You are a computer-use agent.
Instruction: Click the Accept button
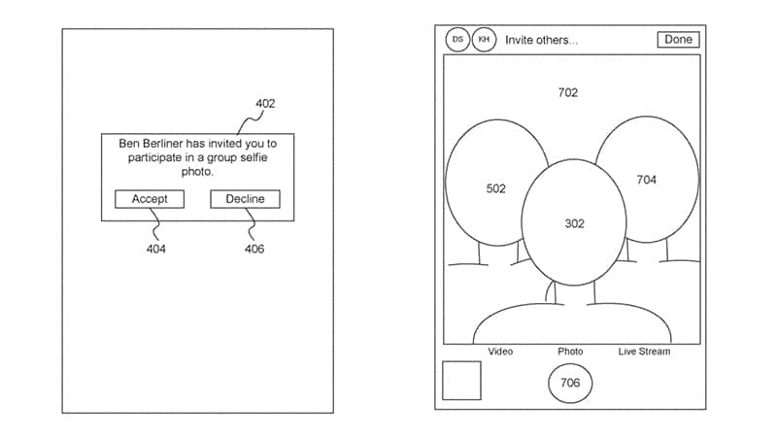[x=150, y=199]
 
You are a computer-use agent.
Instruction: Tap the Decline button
[x=246, y=199]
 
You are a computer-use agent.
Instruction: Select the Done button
[x=678, y=40]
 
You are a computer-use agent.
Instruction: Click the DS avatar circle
[x=457, y=39]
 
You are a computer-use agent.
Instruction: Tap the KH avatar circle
[x=484, y=39]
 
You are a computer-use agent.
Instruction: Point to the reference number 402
[x=265, y=104]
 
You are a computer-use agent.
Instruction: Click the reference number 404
[x=156, y=249]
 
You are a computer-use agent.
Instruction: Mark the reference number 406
[x=254, y=249]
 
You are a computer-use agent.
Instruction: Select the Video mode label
[x=500, y=352]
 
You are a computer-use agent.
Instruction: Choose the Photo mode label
[x=570, y=352]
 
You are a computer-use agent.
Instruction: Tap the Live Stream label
[x=644, y=352]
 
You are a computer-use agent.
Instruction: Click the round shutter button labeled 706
[x=570, y=383]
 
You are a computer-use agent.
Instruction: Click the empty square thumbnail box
[x=461, y=381]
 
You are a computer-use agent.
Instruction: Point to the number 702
[x=568, y=92]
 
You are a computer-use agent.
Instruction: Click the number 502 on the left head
[x=496, y=188]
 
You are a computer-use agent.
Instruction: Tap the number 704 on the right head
[x=647, y=180]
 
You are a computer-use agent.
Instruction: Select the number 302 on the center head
[x=575, y=224]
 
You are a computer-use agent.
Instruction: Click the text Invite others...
[x=542, y=40]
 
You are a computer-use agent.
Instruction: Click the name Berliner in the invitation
[x=163, y=144]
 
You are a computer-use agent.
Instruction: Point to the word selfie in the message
[x=254, y=157]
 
